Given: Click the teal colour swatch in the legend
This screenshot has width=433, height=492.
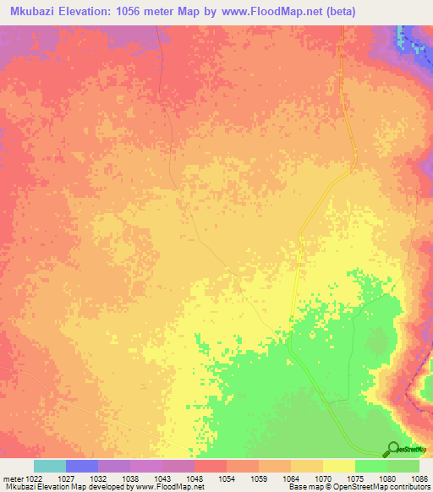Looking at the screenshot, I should (50, 466).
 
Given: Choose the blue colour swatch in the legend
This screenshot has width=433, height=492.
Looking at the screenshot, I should (82, 466).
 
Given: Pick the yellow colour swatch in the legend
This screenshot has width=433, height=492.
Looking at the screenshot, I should (339, 466).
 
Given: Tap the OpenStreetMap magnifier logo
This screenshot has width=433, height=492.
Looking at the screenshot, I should (393, 449).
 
